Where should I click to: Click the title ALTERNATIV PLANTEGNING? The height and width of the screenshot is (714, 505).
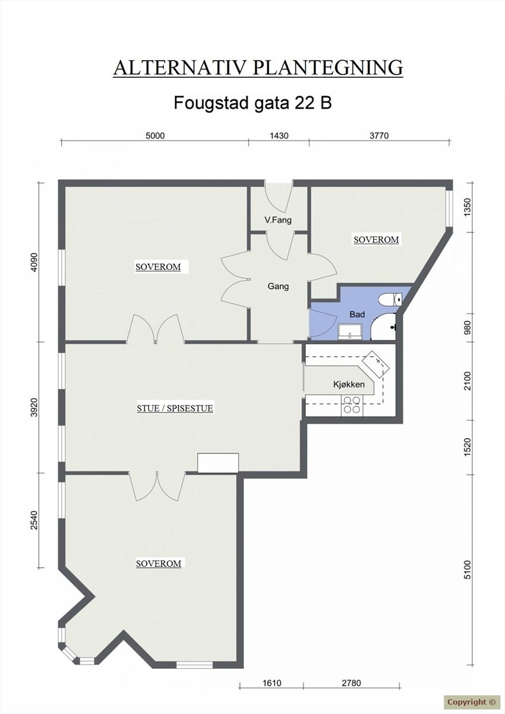[x=258, y=67]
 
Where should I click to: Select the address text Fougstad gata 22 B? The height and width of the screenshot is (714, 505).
[x=252, y=102]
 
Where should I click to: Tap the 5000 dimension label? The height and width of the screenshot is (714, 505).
[x=154, y=136]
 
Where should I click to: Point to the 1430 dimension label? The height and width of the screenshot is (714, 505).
[x=279, y=136]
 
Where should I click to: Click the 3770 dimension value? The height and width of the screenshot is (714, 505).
[x=379, y=136]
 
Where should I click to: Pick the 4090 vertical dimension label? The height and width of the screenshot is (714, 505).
[x=34, y=262]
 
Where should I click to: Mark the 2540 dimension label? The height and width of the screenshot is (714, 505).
[x=34, y=520]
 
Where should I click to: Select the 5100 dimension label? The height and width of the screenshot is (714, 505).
[x=468, y=570]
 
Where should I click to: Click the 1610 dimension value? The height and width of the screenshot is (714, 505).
[x=272, y=683]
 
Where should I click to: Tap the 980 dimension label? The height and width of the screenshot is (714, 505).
[x=468, y=328]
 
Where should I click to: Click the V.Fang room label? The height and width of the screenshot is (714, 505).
[x=278, y=221]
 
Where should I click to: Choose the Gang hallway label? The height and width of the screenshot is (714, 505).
[x=278, y=286]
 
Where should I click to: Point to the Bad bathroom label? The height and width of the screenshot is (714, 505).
[x=357, y=314]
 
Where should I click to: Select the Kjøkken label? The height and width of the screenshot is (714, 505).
[x=349, y=385]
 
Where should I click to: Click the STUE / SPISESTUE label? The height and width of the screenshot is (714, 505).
[x=175, y=408]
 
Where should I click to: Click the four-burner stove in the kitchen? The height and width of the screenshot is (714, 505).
[x=352, y=405]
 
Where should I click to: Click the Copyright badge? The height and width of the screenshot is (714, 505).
[x=471, y=702]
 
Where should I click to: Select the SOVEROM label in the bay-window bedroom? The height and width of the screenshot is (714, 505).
[x=158, y=563]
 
